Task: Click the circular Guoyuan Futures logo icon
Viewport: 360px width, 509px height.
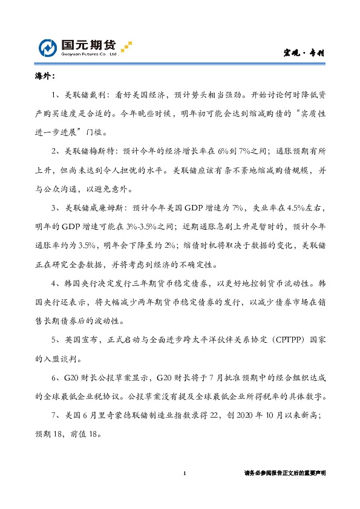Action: tap(48, 47)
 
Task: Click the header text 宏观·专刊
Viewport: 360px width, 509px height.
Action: tap(305, 53)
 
